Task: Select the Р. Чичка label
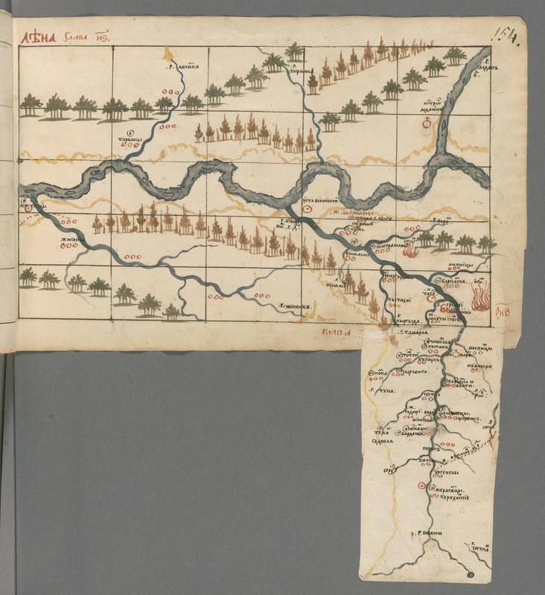coord(477,548)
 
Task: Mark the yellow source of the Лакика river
coord(170,53)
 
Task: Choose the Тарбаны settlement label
coord(129,138)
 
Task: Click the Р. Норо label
coord(441,222)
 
